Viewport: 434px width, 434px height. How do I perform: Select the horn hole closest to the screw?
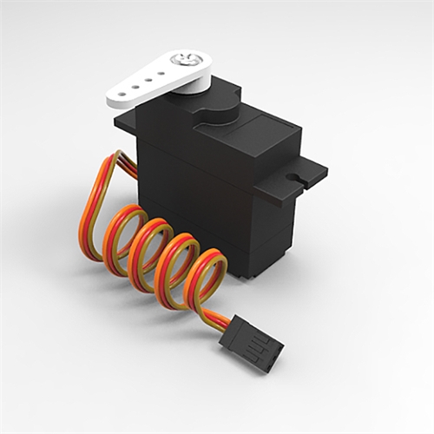click(x=161, y=75)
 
